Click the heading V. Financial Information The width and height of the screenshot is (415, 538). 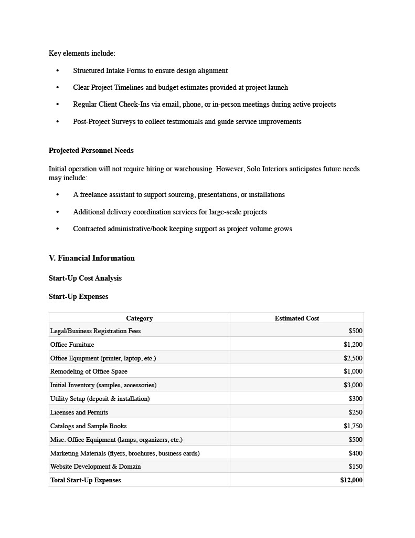[92, 258]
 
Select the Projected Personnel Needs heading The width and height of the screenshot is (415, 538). [91, 151]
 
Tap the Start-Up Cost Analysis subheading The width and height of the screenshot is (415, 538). [85, 278]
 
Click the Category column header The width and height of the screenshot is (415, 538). [139, 318]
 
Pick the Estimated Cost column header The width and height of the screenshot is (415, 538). [296, 318]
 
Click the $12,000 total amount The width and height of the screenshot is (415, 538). [351, 480]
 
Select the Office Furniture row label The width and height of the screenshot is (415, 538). [72, 345]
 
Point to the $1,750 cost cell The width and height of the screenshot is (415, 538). [353, 426]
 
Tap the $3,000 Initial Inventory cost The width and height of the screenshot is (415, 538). [353, 385]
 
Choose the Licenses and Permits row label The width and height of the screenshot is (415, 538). [79, 412]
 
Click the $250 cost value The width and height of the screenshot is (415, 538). [355, 412]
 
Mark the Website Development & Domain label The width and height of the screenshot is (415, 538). [95, 467]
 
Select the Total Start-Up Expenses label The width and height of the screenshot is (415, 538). [86, 480]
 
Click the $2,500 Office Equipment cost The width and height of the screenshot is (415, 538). [353, 358]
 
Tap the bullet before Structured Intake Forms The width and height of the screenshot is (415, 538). [57, 71]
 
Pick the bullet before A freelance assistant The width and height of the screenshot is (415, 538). [57, 195]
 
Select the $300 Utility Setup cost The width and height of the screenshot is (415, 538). [355, 399]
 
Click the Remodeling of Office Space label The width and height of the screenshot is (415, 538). [89, 371]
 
